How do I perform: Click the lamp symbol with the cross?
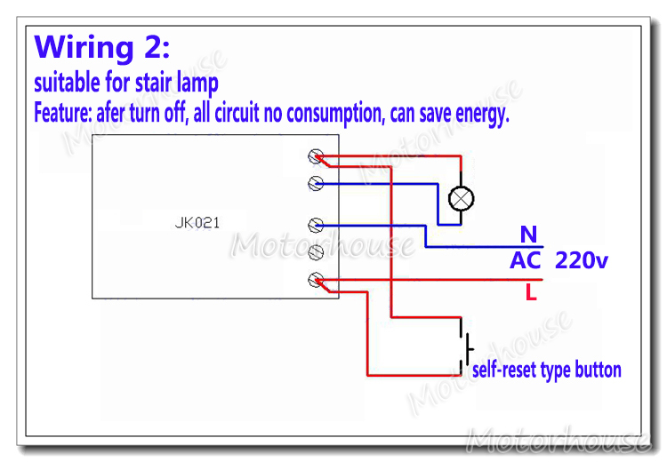click(460, 198)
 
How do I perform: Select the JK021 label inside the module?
click(197, 223)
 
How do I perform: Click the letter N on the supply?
click(529, 235)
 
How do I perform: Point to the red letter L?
click(531, 292)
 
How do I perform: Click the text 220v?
click(582, 261)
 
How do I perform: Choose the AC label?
click(526, 261)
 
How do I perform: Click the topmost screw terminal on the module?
click(315, 156)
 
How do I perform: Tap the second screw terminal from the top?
click(315, 183)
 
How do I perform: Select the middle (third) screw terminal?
click(315, 224)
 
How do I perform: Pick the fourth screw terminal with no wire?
click(315, 253)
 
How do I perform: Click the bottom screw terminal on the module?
click(315, 281)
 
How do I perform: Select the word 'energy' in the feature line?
click(480, 114)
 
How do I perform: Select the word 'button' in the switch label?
click(599, 370)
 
